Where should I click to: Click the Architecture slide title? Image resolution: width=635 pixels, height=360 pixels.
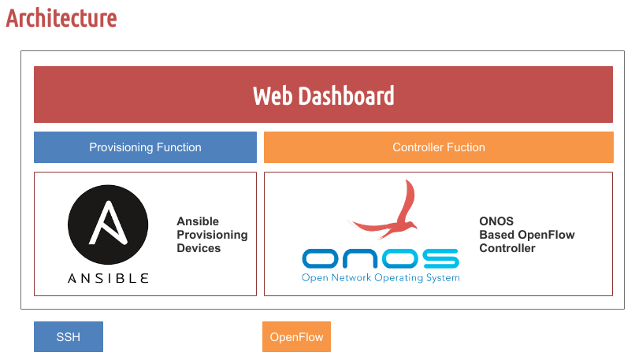click(x=61, y=17)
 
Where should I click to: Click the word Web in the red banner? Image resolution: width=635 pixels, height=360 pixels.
click(x=273, y=96)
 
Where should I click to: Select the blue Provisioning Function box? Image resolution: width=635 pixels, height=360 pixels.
click(x=145, y=147)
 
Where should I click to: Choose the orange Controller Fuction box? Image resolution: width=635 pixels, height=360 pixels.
click(x=439, y=147)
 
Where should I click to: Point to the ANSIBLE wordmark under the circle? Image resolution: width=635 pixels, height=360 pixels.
click(x=108, y=278)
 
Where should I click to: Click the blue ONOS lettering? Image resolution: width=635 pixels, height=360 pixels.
click(x=381, y=258)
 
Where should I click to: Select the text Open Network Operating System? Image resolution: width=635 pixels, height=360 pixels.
click(x=381, y=277)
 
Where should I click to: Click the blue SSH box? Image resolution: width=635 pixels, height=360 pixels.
click(x=68, y=337)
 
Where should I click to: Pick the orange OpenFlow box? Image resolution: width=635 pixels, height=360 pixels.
click(x=296, y=337)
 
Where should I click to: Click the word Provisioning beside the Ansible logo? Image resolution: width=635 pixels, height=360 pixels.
click(x=212, y=235)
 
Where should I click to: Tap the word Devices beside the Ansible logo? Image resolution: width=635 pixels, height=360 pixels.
click(x=199, y=248)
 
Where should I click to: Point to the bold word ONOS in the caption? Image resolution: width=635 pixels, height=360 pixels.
click(x=496, y=221)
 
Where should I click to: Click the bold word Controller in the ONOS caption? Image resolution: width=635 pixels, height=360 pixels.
click(x=507, y=248)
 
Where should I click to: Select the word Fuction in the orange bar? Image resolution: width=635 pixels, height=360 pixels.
click(x=465, y=147)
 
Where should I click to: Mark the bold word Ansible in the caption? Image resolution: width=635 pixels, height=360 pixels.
click(x=198, y=221)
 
